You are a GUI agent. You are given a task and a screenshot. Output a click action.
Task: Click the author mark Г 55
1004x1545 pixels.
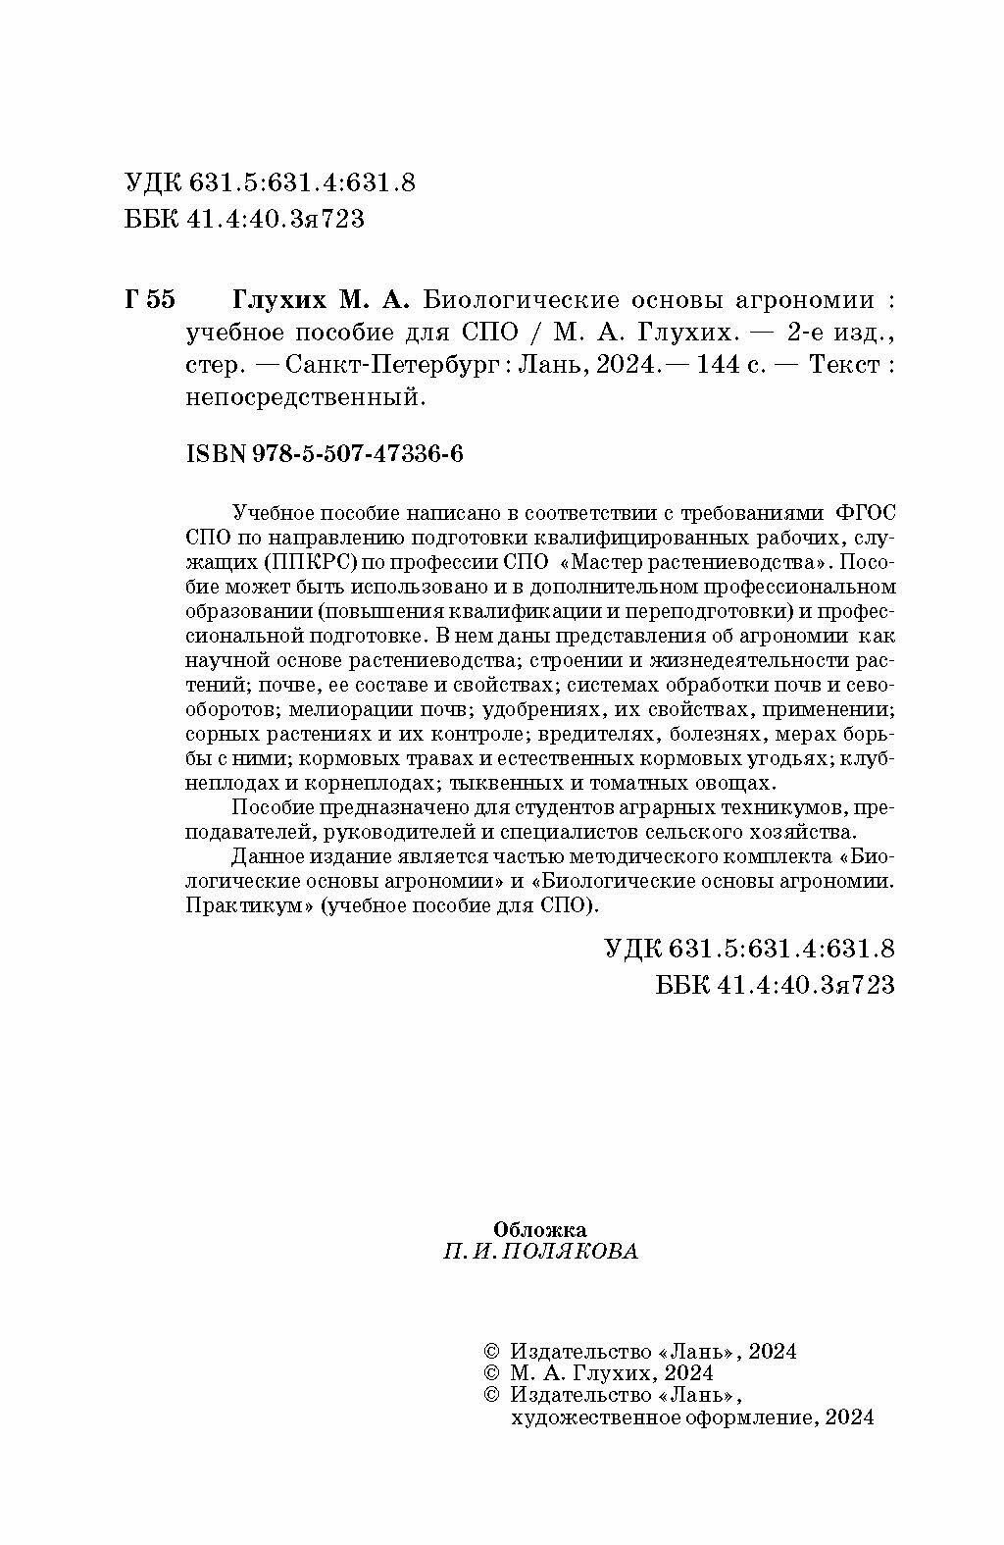(150, 298)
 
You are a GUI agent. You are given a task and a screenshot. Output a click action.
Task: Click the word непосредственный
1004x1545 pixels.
(303, 397)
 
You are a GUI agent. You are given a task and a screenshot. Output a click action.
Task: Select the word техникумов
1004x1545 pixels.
(778, 807)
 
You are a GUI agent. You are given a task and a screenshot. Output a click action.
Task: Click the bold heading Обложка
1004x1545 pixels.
(540, 1229)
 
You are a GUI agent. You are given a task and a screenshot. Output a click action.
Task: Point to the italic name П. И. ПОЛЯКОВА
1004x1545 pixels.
(540, 1252)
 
